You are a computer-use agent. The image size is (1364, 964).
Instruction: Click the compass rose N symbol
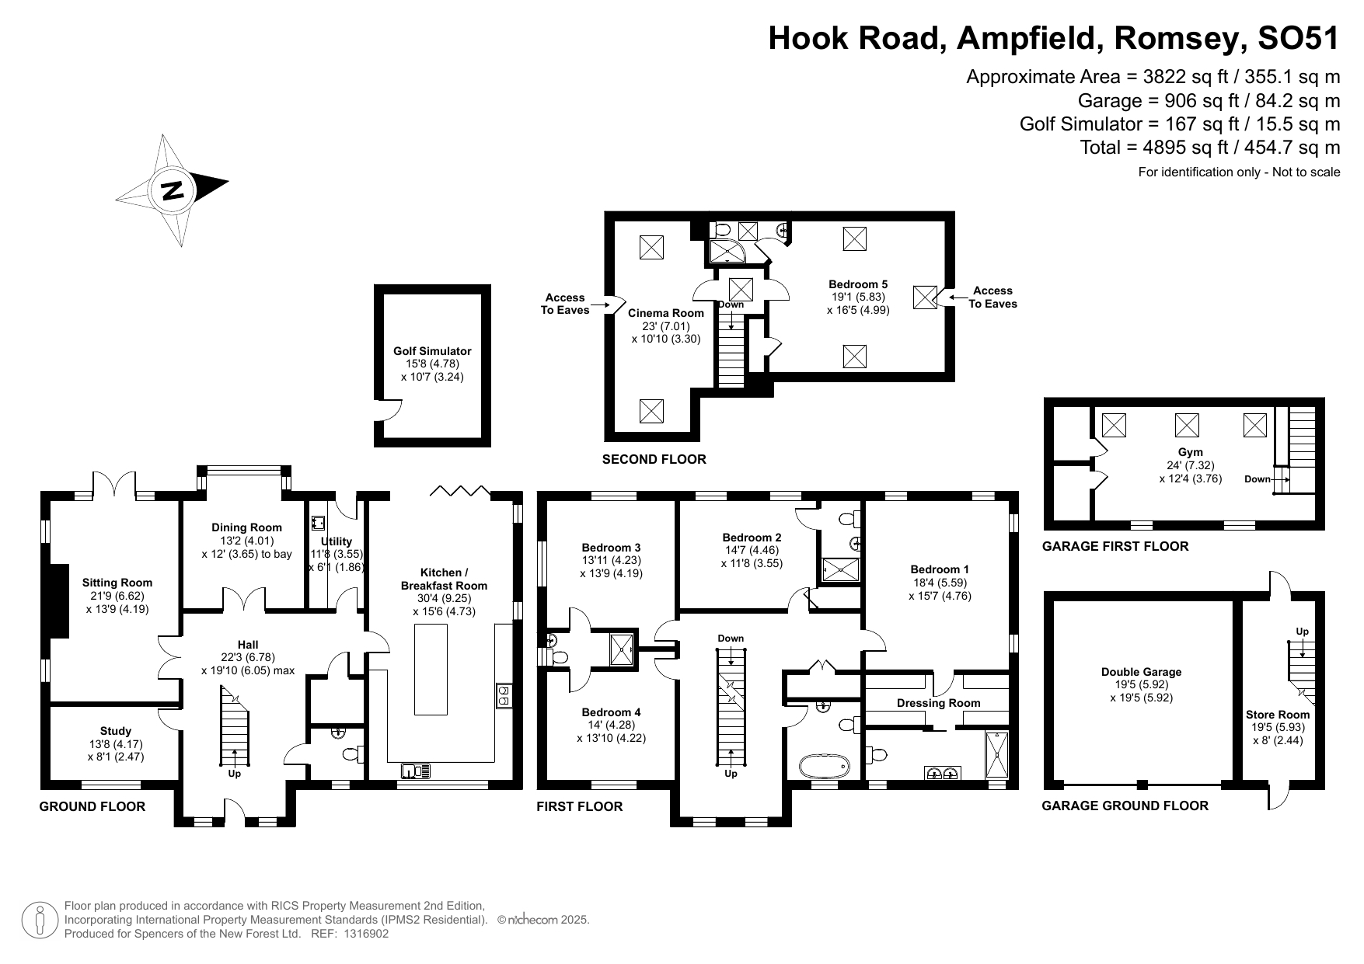pos(173,190)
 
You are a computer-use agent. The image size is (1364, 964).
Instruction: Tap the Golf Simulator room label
pos(432,351)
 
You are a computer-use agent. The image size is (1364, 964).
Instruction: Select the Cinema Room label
pos(666,313)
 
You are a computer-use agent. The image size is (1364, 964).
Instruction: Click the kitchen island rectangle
pos(431,669)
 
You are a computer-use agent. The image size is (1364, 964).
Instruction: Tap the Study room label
pos(116,731)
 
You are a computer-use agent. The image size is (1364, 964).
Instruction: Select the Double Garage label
pos(1142,672)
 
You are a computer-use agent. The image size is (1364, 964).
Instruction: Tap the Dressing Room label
pos(938,703)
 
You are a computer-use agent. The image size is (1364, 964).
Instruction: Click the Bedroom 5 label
pos(858,284)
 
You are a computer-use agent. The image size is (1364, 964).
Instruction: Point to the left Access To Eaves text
pos(565,304)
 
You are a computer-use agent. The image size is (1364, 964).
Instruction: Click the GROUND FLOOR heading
pos(92,806)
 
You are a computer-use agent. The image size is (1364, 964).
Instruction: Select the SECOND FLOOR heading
pos(654,459)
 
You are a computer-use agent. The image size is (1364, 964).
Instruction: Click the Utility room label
pos(337,541)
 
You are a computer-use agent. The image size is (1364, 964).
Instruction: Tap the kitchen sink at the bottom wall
pos(417,771)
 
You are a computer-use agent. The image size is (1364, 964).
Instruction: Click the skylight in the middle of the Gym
pos(1186,425)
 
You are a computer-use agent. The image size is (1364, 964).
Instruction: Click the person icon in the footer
pos(40,920)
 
